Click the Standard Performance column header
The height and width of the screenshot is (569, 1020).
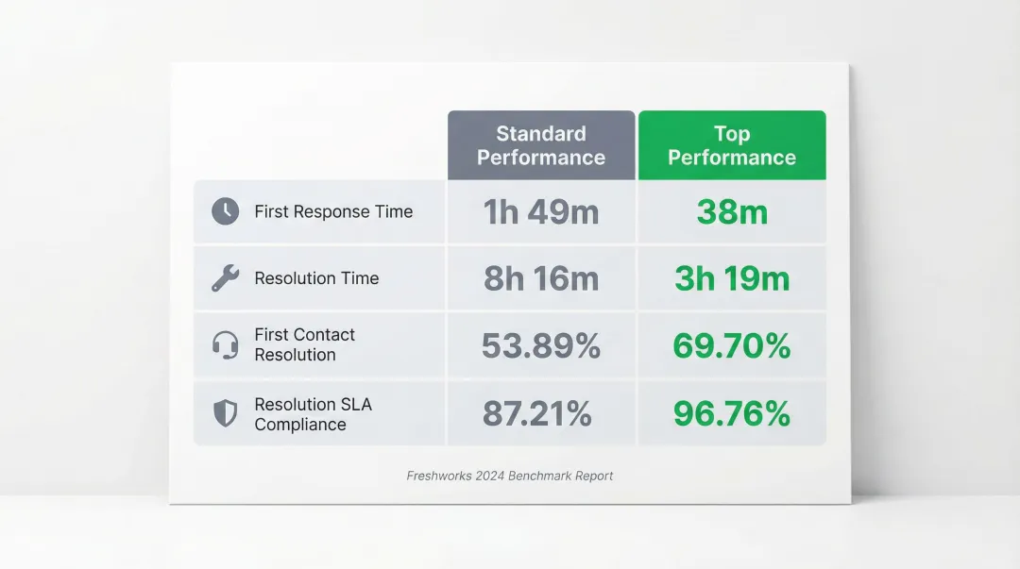[x=541, y=145]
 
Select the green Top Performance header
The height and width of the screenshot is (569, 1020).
[x=732, y=145]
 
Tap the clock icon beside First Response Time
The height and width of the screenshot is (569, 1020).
[x=225, y=211]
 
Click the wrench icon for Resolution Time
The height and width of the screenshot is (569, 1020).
[x=225, y=278]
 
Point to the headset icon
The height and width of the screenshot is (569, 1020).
[x=225, y=344]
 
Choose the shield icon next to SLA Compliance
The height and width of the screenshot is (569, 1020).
[x=225, y=413]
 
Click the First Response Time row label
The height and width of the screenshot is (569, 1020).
[x=333, y=211]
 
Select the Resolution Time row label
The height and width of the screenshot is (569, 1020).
[x=316, y=278]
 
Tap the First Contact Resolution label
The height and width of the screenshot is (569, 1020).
[x=304, y=344]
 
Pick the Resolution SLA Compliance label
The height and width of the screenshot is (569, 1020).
[x=313, y=414]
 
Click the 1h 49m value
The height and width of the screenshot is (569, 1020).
[x=541, y=212]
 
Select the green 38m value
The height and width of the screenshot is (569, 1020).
[x=732, y=212]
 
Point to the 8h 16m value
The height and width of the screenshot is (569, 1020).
[x=541, y=279]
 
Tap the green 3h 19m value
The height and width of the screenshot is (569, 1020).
[x=732, y=279]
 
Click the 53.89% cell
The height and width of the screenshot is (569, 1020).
[x=541, y=346]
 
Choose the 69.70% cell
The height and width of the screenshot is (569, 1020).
[x=732, y=346]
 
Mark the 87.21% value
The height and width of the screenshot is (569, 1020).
[x=537, y=414]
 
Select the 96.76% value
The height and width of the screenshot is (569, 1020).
[x=732, y=414]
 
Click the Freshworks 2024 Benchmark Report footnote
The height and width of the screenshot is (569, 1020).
[x=510, y=476]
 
